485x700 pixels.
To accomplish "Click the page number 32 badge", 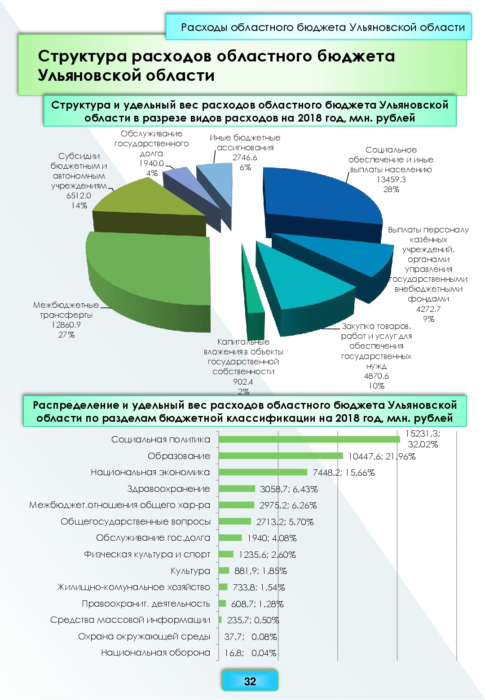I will (250, 681).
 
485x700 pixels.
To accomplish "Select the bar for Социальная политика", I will (309, 439).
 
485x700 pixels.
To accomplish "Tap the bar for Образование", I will (281, 456).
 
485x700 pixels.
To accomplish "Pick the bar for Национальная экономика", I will (263, 472).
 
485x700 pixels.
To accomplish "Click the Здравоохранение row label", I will (168, 489).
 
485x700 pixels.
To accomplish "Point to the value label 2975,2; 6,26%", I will (288, 505).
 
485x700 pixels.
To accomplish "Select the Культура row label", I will (190, 571).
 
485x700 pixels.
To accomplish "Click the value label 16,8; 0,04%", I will (250, 653).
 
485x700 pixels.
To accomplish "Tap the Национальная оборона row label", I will (155, 652).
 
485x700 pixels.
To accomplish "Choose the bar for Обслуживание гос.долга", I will (230, 538).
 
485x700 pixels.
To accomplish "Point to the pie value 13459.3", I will (391, 179).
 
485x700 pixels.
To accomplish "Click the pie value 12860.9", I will (66, 325).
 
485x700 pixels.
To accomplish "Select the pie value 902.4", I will (243, 382).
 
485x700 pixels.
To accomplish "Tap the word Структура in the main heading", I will (83, 57).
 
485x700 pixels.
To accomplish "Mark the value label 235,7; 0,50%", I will (253, 620).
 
